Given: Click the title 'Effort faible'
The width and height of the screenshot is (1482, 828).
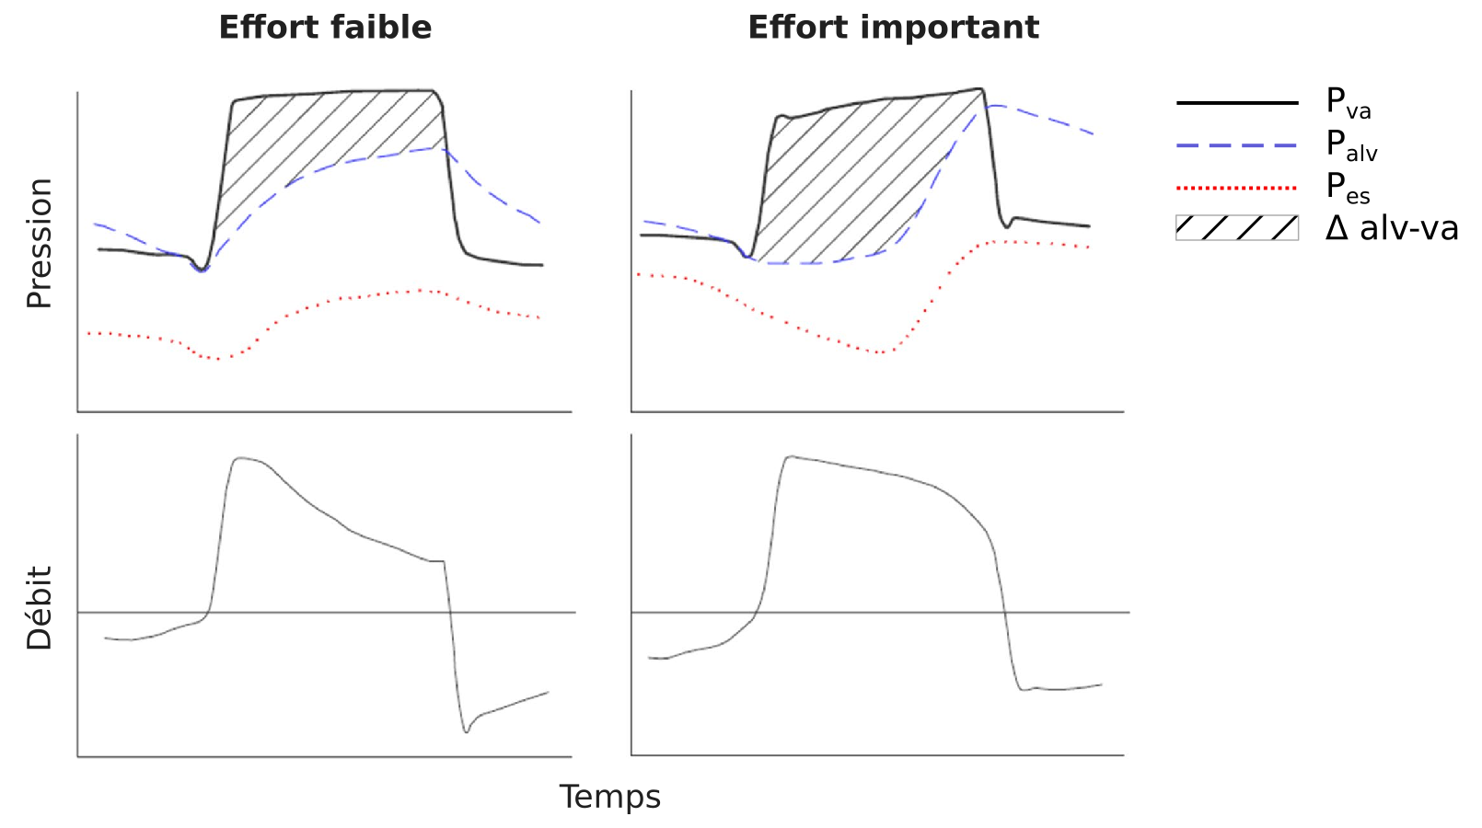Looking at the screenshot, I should pos(325,28).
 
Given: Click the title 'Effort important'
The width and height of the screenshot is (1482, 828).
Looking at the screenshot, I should pos(893,28).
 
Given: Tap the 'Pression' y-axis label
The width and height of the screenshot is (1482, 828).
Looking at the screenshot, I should pos(40,244).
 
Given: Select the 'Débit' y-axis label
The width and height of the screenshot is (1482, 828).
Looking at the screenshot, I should pos(40,608).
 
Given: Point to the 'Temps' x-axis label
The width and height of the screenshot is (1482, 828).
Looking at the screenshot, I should pos(609,797).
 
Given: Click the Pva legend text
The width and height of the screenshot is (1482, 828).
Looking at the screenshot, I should pos(1348,102).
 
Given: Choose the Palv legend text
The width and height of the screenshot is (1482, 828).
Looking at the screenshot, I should pos(1350,144).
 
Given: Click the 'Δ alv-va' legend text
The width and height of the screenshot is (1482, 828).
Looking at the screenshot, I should pos(1392,227).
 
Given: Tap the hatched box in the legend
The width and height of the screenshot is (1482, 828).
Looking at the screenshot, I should pos(1236,227).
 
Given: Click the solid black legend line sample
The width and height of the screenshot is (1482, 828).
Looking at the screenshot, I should pos(1236,102).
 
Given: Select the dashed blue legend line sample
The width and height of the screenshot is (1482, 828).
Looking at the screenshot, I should pos(1236,145).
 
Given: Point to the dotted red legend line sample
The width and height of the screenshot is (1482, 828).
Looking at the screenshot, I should pos(1236,188).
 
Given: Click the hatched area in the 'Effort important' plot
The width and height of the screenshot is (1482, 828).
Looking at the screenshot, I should pos(847,175).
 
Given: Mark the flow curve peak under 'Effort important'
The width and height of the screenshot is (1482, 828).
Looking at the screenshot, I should pos(790,456).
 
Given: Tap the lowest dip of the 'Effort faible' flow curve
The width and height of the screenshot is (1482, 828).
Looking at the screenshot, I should pos(467,731).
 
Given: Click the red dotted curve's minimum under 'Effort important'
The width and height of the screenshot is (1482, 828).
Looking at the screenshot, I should pos(881,352).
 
